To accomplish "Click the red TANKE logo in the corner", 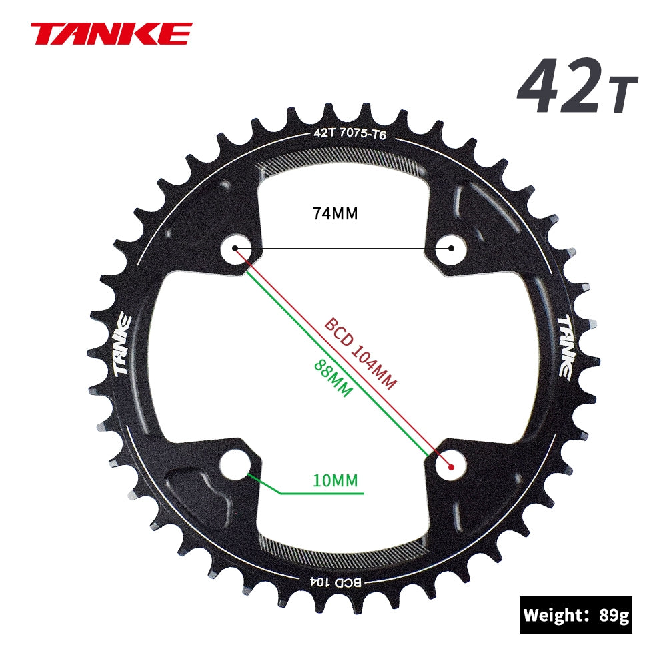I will [x=111, y=33].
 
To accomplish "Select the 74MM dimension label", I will [x=336, y=214].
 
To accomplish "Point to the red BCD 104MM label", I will [x=361, y=354].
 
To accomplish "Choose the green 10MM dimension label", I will [x=336, y=480].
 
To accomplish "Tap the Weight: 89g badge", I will [x=576, y=614].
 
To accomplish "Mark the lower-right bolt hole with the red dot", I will [x=452, y=466].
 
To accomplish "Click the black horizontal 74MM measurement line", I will [x=344, y=249].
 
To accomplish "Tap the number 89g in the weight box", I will [x=614, y=615].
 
